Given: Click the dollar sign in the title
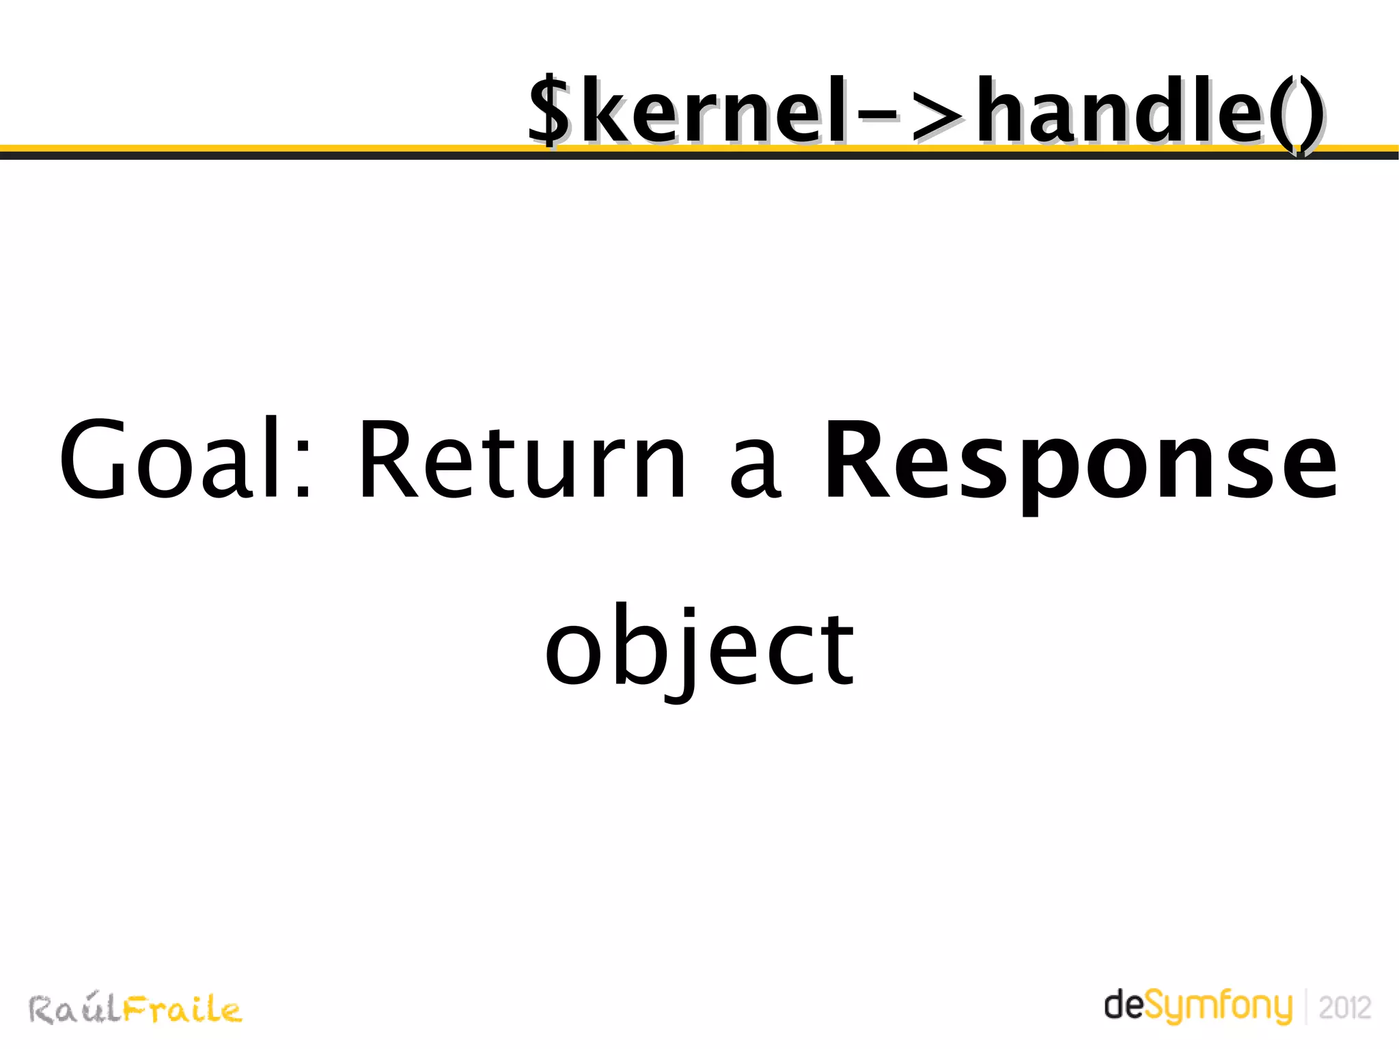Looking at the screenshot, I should [x=549, y=111].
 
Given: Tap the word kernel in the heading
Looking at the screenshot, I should [x=713, y=111].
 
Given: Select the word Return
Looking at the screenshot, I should [x=523, y=459].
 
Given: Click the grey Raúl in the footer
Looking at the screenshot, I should [x=75, y=1009].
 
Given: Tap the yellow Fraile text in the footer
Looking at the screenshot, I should [x=182, y=1009].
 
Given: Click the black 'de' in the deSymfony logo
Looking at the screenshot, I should [x=1123, y=1005].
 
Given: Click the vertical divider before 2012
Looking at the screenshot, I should [x=1305, y=1007].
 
